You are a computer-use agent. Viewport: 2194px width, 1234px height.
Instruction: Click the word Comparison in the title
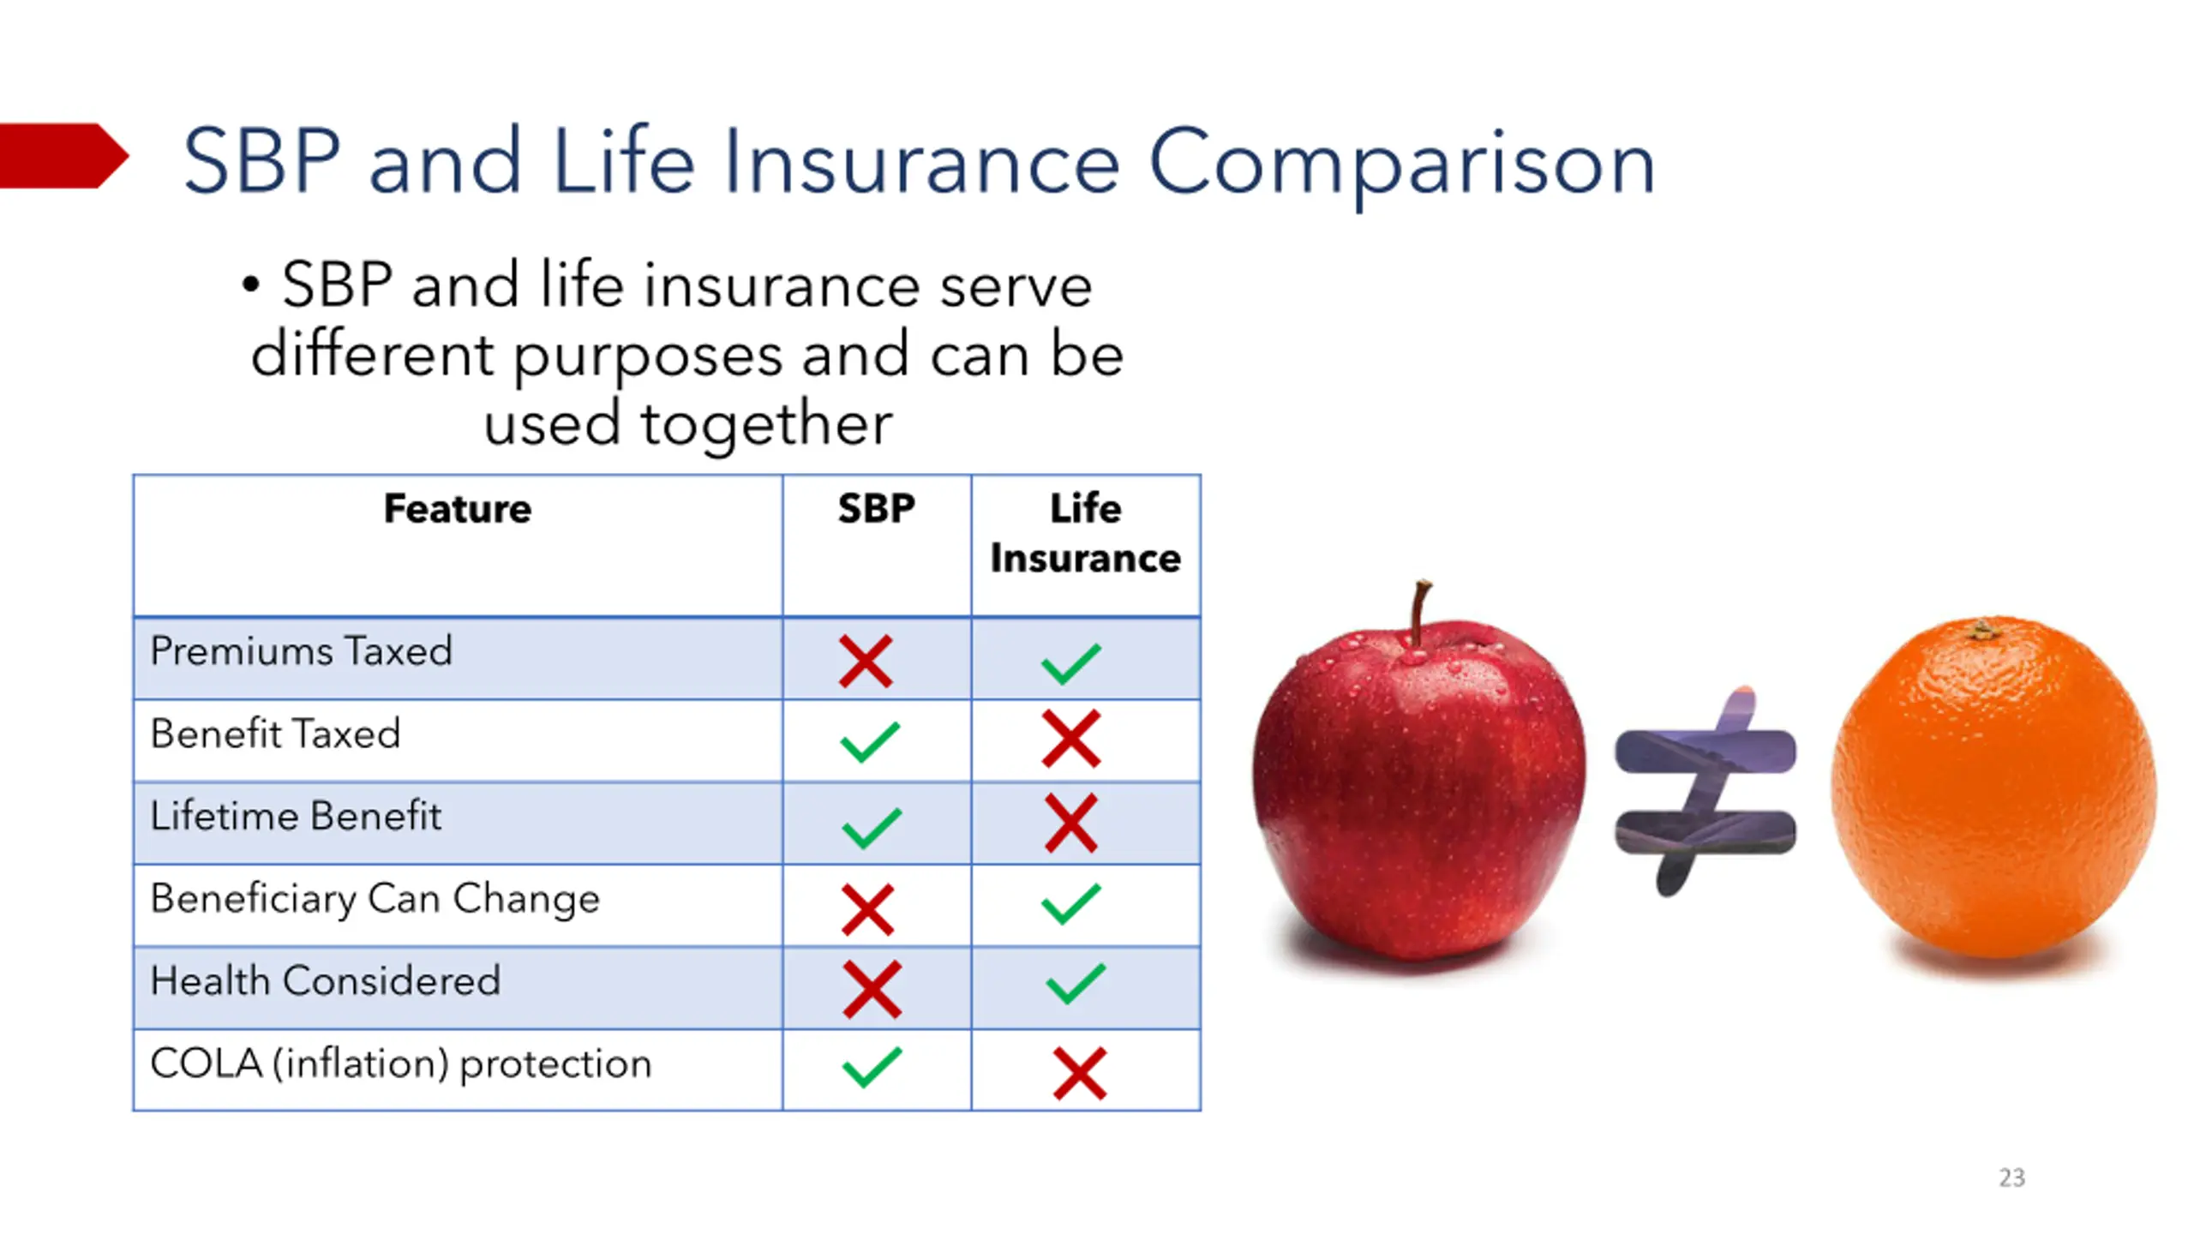pyautogui.click(x=1401, y=164)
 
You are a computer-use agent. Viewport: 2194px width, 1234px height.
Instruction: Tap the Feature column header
pyautogui.click(x=458, y=509)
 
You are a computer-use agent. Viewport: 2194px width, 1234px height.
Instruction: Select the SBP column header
pyautogui.click(x=876, y=509)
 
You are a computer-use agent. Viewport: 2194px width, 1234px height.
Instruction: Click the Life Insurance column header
pyautogui.click(x=1085, y=533)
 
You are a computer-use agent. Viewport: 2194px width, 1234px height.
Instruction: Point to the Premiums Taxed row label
pyautogui.click(x=301, y=651)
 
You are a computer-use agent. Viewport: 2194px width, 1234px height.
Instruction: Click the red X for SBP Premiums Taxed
pyautogui.click(x=866, y=661)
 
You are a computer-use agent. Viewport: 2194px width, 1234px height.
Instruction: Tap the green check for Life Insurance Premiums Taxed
pyautogui.click(x=1070, y=663)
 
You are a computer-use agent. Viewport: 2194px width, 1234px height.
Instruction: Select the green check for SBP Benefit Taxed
pyautogui.click(x=870, y=742)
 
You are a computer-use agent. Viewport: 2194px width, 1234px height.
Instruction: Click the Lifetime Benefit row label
pyautogui.click(x=296, y=816)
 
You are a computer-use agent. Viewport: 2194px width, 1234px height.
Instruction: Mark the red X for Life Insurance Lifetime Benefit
pyautogui.click(x=1070, y=823)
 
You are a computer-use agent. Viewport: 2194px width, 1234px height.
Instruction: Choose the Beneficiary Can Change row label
pyautogui.click(x=375, y=900)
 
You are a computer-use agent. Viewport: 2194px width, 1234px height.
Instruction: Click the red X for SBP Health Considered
pyautogui.click(x=872, y=989)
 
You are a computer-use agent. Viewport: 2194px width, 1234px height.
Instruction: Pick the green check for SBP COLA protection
pyautogui.click(x=872, y=1067)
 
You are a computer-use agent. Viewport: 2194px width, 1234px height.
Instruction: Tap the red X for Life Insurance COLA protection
pyautogui.click(x=1079, y=1073)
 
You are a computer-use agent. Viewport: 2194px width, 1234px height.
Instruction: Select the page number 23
pyautogui.click(x=2011, y=1177)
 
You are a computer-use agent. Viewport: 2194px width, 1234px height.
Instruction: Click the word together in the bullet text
pyautogui.click(x=766, y=425)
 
